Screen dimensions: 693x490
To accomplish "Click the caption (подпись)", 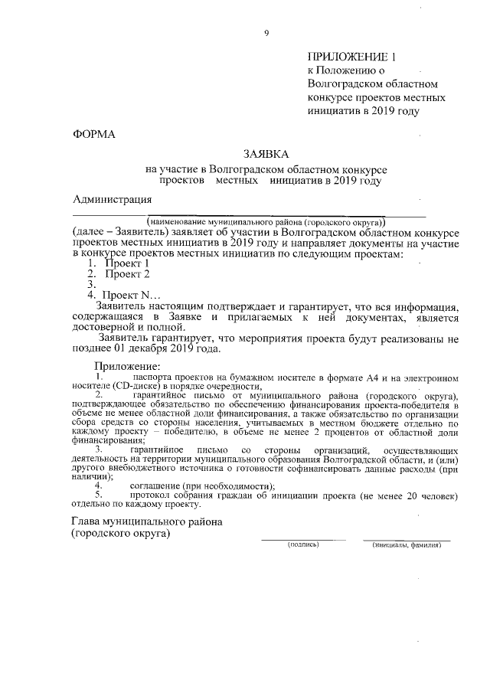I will pyautogui.click(x=303, y=545).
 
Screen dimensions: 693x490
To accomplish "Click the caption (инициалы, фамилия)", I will pyautogui.click(x=407, y=545).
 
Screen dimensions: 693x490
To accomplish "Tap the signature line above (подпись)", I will pyautogui.click(x=303, y=539).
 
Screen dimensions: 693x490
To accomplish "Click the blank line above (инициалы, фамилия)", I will pyautogui.click(x=407, y=539).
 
